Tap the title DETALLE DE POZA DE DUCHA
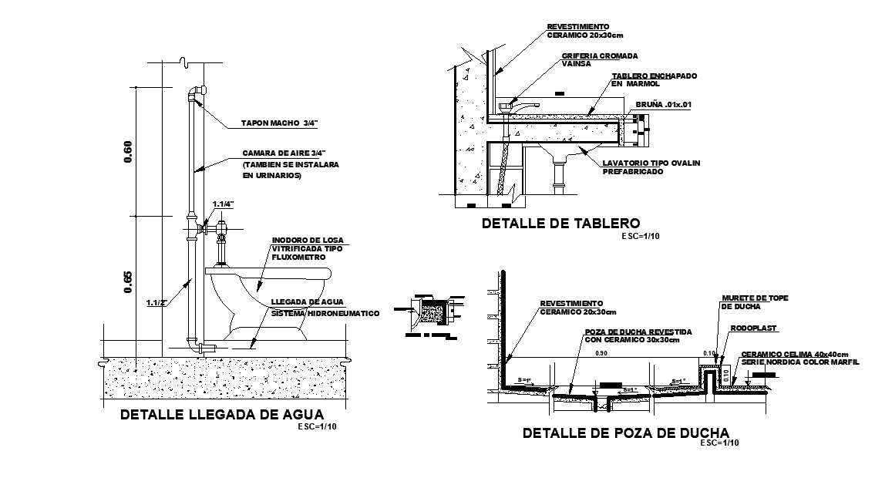(x=625, y=433)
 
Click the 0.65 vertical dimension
(x=128, y=284)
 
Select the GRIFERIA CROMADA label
(x=600, y=56)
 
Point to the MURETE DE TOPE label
(x=755, y=298)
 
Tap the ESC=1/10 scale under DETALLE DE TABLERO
(x=639, y=235)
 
